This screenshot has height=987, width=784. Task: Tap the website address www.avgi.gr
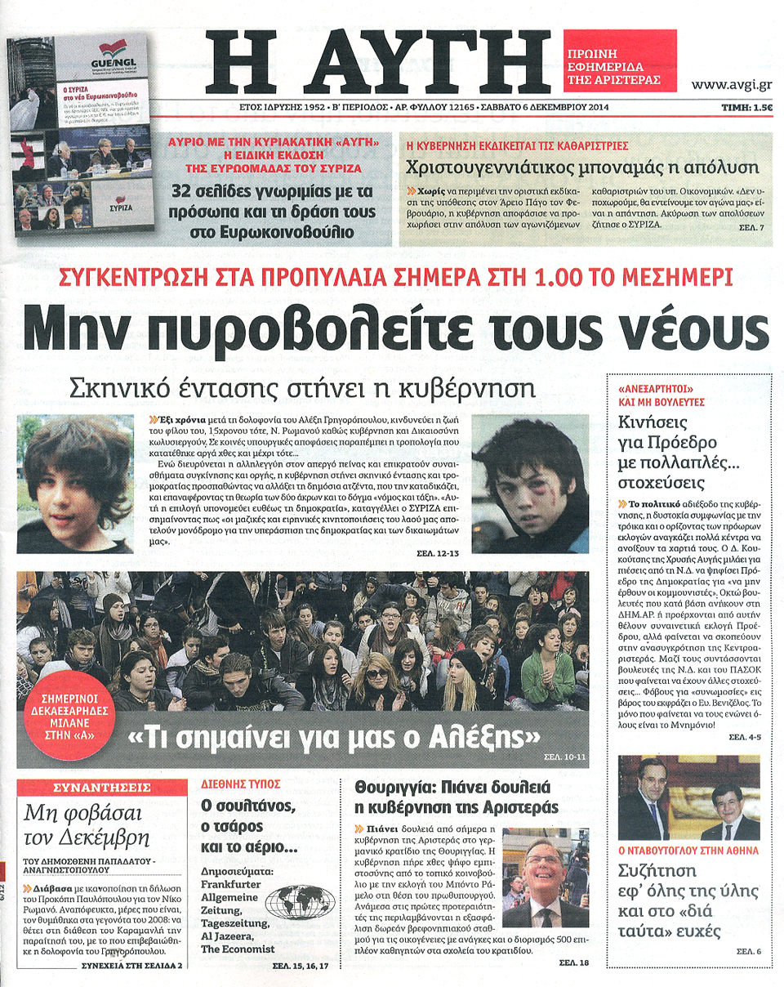733,84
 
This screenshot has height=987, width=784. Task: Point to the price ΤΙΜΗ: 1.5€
747,107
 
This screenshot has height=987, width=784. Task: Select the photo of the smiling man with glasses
544,878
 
